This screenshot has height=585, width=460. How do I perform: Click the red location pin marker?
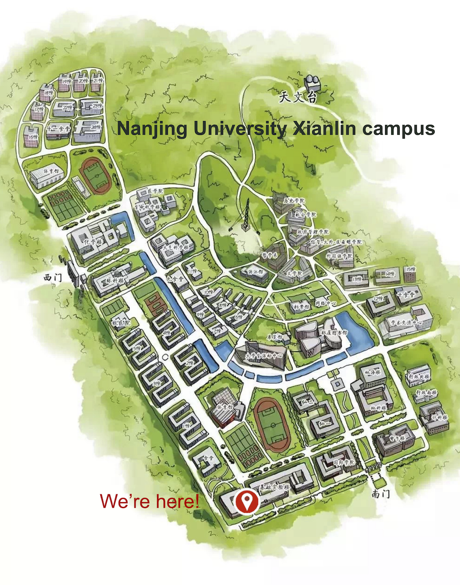pyautogui.click(x=247, y=501)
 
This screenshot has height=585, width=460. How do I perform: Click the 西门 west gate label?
pyautogui.click(x=52, y=277)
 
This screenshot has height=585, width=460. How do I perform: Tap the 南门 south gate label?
pyautogui.click(x=380, y=494)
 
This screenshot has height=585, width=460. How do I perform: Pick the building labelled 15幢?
pyautogui.click(x=409, y=274)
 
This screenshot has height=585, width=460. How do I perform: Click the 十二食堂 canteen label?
pyautogui.click(x=58, y=129)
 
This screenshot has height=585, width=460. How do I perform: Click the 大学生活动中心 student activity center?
pyautogui.click(x=260, y=354)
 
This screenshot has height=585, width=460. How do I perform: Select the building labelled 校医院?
pyautogui.click(x=121, y=321)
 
